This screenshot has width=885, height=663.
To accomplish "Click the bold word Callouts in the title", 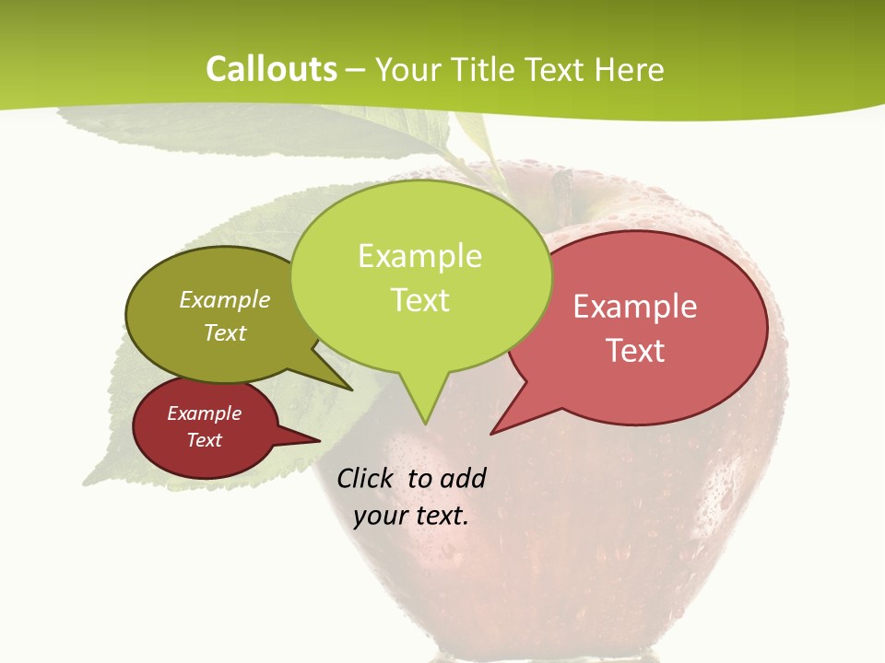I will [271, 69].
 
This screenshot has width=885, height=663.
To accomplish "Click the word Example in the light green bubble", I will [419, 256].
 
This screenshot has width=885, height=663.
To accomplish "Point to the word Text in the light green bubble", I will [419, 300].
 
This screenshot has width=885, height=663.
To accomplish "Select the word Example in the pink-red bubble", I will [635, 307].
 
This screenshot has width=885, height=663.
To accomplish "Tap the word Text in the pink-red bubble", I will [635, 351].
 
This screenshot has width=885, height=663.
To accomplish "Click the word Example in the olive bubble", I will [225, 299].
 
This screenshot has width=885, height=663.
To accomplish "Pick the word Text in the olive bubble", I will [225, 332].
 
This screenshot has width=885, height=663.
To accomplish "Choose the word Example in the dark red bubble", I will [205, 413].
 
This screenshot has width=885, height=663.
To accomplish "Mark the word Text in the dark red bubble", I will [205, 440].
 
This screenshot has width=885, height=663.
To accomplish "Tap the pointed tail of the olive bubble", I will [349, 389].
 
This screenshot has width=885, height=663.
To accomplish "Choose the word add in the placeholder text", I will [462, 478].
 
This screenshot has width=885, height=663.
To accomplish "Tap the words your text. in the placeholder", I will [410, 516].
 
